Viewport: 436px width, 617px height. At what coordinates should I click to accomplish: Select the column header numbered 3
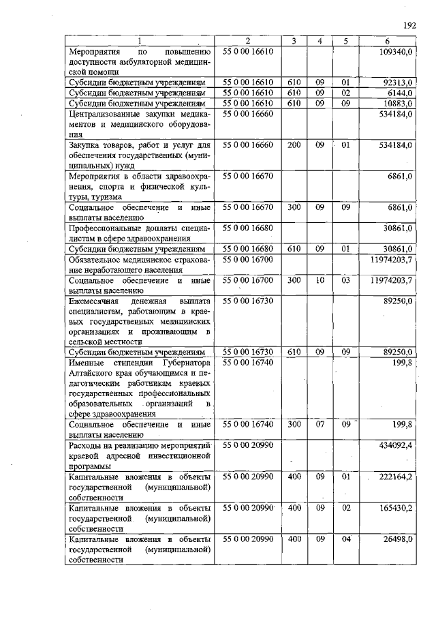click(x=293, y=42)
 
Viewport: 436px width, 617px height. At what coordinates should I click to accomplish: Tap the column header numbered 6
click(x=386, y=42)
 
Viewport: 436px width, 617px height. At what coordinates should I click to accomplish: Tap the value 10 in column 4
click(x=320, y=280)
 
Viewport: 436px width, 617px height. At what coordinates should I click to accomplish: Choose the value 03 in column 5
click(x=345, y=280)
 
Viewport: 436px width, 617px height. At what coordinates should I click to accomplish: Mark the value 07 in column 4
click(x=320, y=424)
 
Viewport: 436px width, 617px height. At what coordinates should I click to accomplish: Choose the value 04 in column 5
click(x=345, y=539)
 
